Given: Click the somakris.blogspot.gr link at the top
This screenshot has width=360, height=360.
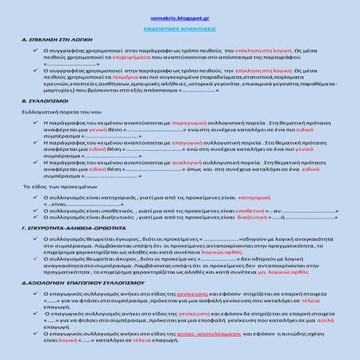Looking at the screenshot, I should tap(179, 16).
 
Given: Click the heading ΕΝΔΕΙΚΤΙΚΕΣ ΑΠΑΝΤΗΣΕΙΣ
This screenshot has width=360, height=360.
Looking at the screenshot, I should tap(179, 27).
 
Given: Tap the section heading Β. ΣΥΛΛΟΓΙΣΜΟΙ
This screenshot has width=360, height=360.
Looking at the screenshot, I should tap(41, 102).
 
